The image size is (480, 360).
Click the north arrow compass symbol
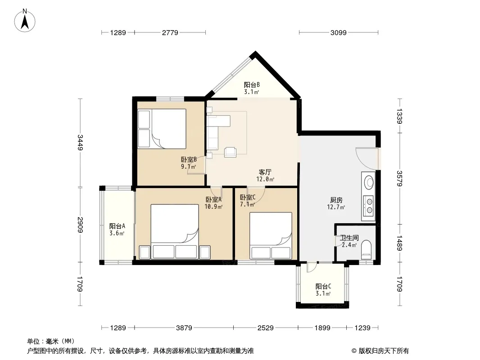pyautogui.click(x=25, y=21)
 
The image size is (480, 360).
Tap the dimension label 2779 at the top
pyautogui.click(x=170, y=32)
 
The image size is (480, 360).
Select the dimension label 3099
pyautogui.click(x=338, y=32)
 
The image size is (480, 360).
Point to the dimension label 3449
pyautogui.click(x=81, y=142)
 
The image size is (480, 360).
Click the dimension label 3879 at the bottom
pyautogui.click(x=184, y=328)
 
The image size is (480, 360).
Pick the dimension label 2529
pyautogui.click(x=265, y=328)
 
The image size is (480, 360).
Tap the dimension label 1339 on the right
pyautogui.click(x=399, y=116)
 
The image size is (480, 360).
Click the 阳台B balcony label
pyautogui.click(x=252, y=85)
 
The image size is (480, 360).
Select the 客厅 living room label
pyautogui.click(x=265, y=172)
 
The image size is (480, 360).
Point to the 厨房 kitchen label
pyautogui.click(x=336, y=200)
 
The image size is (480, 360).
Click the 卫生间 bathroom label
pyautogui.click(x=349, y=238)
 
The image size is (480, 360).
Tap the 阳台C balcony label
pyautogui.click(x=323, y=287)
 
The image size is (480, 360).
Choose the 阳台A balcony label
pyautogui.click(x=117, y=226)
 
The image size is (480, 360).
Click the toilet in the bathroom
pyautogui.click(x=366, y=248)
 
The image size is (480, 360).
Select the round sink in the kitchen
pyautogui.click(x=369, y=182)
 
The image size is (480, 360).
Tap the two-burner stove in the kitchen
pyautogui.click(x=369, y=206)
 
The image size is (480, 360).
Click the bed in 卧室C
pyautogui.click(x=271, y=236)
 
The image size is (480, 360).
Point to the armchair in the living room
pyautogui.click(x=230, y=152)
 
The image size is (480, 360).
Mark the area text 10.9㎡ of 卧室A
pyautogui.click(x=213, y=207)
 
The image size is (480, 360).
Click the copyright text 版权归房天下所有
pyautogui.click(x=384, y=351)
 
